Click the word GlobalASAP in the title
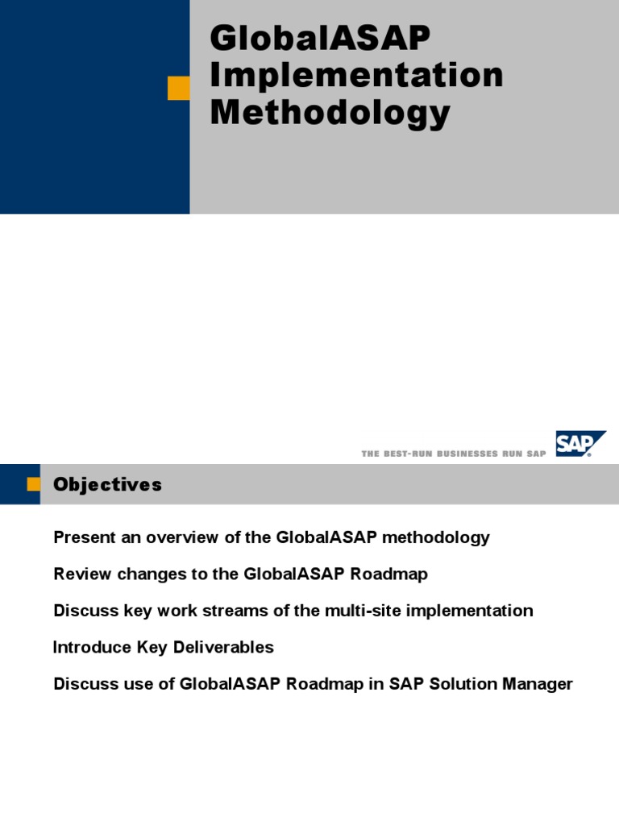click(x=320, y=39)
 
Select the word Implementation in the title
click(x=356, y=76)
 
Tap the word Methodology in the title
click(x=330, y=112)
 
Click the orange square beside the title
click(x=178, y=88)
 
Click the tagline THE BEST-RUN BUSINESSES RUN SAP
click(x=454, y=454)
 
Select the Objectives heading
click(x=107, y=484)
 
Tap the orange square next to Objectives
click(x=33, y=484)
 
